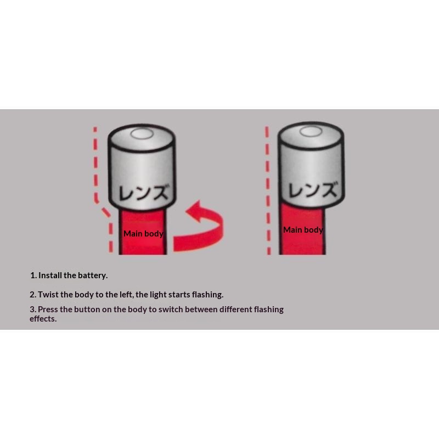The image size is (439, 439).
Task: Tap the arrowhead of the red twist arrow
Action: (195, 211)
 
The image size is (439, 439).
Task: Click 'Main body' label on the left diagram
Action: (143, 234)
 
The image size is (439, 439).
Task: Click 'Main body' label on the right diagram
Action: (303, 230)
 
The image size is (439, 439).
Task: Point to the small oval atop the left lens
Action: (142, 133)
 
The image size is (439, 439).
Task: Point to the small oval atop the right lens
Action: (311, 131)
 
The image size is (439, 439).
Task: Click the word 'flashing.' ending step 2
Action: (207, 295)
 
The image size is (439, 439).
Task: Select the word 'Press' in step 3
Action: (48, 309)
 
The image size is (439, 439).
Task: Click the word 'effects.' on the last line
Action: (43, 319)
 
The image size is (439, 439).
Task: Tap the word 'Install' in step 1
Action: (50, 275)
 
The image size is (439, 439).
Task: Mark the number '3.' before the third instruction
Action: (33, 309)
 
